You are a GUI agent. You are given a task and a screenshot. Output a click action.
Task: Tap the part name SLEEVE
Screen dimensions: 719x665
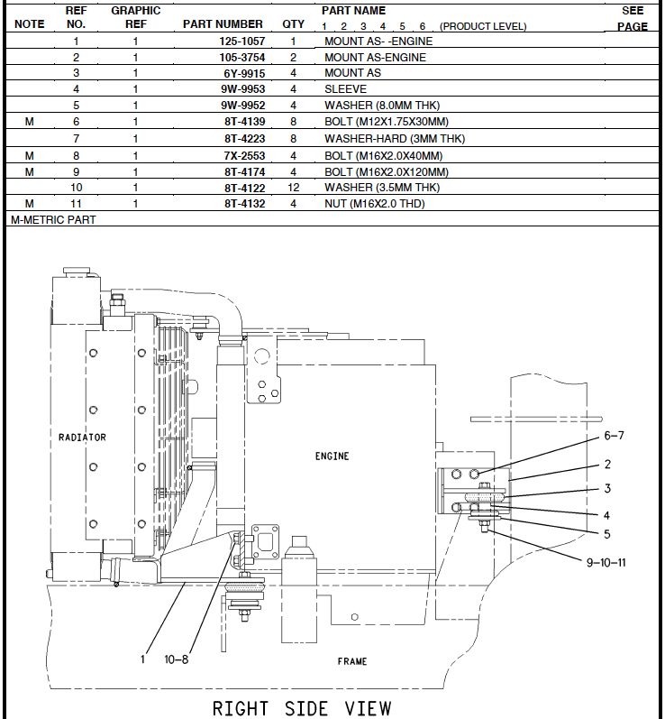(345, 89)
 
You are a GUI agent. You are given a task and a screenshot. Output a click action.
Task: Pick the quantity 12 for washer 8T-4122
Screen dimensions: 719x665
(293, 188)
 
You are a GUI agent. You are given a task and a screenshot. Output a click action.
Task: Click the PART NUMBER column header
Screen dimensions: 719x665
(223, 24)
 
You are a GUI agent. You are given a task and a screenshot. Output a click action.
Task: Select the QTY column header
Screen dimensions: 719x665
(293, 24)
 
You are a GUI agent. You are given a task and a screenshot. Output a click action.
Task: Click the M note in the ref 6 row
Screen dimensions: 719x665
(30, 122)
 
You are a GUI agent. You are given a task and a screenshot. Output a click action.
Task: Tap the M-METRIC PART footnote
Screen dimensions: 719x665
(52, 219)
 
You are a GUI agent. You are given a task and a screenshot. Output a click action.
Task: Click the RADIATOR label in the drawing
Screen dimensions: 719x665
(82, 438)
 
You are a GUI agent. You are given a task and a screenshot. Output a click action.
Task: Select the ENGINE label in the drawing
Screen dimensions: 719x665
(332, 456)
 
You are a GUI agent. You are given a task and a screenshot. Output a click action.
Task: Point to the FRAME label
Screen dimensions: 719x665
(352, 661)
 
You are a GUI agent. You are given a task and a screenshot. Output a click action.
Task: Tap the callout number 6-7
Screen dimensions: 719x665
(614, 436)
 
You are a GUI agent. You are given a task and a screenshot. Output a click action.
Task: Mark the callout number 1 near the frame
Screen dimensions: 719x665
(142, 659)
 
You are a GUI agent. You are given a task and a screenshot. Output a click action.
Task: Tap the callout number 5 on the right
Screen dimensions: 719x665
(607, 533)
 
